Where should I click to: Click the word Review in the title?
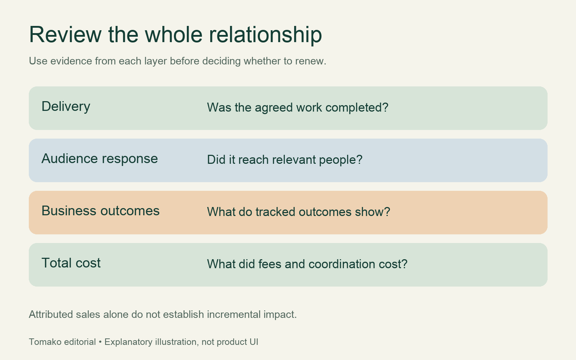(65, 35)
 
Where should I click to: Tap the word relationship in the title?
(265, 35)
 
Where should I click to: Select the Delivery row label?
(66, 107)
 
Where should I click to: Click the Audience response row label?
(99, 158)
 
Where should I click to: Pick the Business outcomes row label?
(100, 211)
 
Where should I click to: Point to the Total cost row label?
(71, 263)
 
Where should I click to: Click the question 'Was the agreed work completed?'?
(297, 108)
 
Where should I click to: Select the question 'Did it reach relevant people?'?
(285, 160)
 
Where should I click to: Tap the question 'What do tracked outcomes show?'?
(298, 212)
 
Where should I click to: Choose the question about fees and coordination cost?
(307, 264)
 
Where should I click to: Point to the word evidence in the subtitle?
(71, 61)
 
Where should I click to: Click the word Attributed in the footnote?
(51, 315)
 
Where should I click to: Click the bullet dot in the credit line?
(100, 342)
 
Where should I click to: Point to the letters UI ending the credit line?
(254, 342)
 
